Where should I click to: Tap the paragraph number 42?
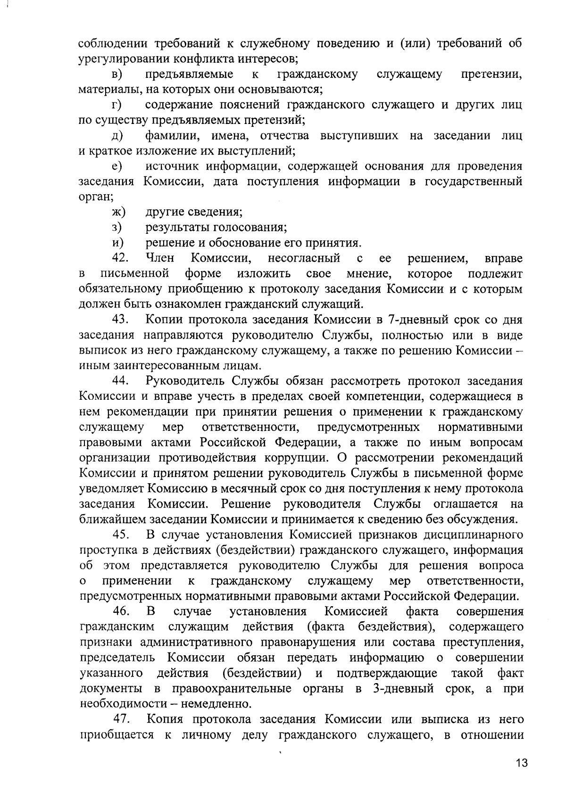(x=121, y=258)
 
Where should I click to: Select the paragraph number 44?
(x=121, y=381)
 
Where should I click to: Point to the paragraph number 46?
(x=121, y=612)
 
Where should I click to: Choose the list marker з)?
(x=117, y=228)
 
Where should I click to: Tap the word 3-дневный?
(x=403, y=689)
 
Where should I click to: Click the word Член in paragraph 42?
(x=160, y=258)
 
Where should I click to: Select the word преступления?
(x=483, y=643)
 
